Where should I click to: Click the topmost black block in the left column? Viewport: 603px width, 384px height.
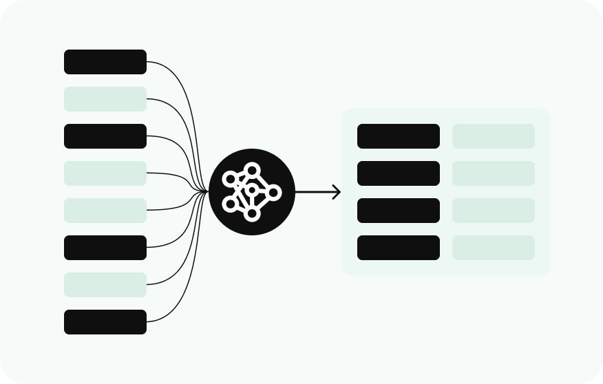coord(105,62)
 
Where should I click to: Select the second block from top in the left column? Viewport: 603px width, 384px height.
coord(105,99)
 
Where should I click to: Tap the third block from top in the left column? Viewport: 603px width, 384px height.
coord(105,136)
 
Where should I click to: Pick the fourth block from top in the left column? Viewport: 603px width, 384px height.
coord(105,173)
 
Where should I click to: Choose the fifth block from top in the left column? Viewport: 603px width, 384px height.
coord(105,211)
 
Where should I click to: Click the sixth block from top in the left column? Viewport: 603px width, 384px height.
coord(105,248)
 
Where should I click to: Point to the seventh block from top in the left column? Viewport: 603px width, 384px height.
coord(105,285)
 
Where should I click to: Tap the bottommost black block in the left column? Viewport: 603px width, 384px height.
coord(105,322)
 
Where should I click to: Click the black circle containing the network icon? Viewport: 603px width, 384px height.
coord(252,192)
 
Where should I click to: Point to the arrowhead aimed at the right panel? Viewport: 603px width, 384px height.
coord(337,192)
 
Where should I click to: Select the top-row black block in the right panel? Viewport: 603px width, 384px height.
coord(399,136)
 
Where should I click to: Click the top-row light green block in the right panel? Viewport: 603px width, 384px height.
coord(494,136)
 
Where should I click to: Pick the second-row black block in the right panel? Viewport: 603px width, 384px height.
coord(399,173)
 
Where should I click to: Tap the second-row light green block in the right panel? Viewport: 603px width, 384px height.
coord(494,173)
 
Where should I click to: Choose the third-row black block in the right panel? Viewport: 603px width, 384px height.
coord(399,211)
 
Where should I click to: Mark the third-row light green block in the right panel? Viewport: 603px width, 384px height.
coord(494,211)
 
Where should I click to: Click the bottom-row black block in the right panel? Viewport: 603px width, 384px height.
coord(399,248)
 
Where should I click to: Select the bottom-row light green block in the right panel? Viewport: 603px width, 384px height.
coord(494,248)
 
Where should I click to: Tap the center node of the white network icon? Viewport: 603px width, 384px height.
coord(252,190)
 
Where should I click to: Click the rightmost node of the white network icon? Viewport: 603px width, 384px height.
coord(273,193)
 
